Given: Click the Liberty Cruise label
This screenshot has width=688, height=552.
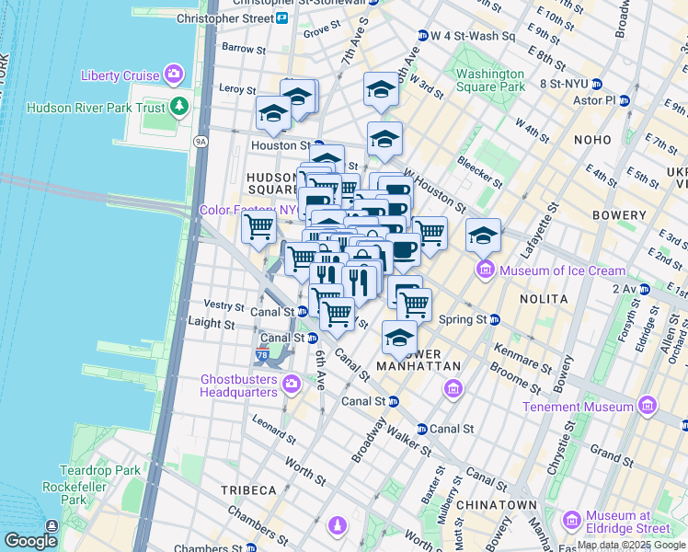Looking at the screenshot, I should pos(120,75).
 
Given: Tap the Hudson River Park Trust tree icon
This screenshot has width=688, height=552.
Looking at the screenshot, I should pos(180,108).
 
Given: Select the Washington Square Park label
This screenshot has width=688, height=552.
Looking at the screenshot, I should pos(490,81).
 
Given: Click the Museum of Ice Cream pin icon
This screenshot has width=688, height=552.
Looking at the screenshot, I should pos(484,270).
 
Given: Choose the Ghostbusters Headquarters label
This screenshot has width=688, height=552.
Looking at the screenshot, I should pos(239,385).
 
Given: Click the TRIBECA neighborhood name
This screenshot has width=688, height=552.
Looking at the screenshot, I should pos(247,489).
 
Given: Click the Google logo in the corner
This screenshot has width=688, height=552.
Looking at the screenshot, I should pos(30,541).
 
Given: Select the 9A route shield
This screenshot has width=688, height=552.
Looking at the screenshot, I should pos(201,142).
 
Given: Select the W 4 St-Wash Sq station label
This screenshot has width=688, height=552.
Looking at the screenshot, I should pos(472,36).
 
